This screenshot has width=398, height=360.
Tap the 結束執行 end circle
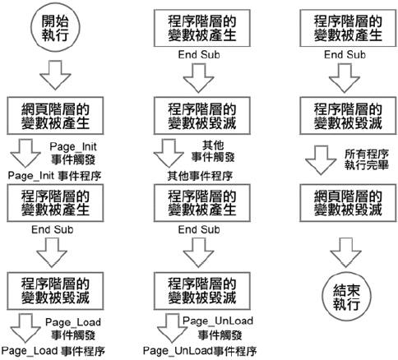point(346,297)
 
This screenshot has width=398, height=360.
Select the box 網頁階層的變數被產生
point(55,116)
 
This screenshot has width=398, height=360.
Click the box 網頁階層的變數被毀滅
point(348,203)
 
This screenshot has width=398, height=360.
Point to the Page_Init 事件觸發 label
point(73,153)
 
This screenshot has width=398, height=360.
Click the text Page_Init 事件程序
point(54,176)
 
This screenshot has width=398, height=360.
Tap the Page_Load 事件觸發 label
point(73,329)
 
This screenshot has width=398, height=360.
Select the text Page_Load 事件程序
point(53,351)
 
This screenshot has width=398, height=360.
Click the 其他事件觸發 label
point(213,151)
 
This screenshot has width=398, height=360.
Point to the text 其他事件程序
point(200,176)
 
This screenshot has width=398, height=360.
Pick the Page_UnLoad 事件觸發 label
point(218,328)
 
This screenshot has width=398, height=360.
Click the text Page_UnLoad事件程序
point(200,351)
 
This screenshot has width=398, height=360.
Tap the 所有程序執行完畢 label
point(367,159)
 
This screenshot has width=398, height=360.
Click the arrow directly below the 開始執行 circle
point(55,75)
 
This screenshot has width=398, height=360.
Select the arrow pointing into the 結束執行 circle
point(345,252)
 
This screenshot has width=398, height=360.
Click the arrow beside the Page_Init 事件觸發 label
point(25,153)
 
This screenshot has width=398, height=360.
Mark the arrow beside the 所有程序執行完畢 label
point(321,160)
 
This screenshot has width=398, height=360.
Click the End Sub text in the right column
point(345,55)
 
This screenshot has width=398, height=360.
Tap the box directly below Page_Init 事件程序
point(55,203)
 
